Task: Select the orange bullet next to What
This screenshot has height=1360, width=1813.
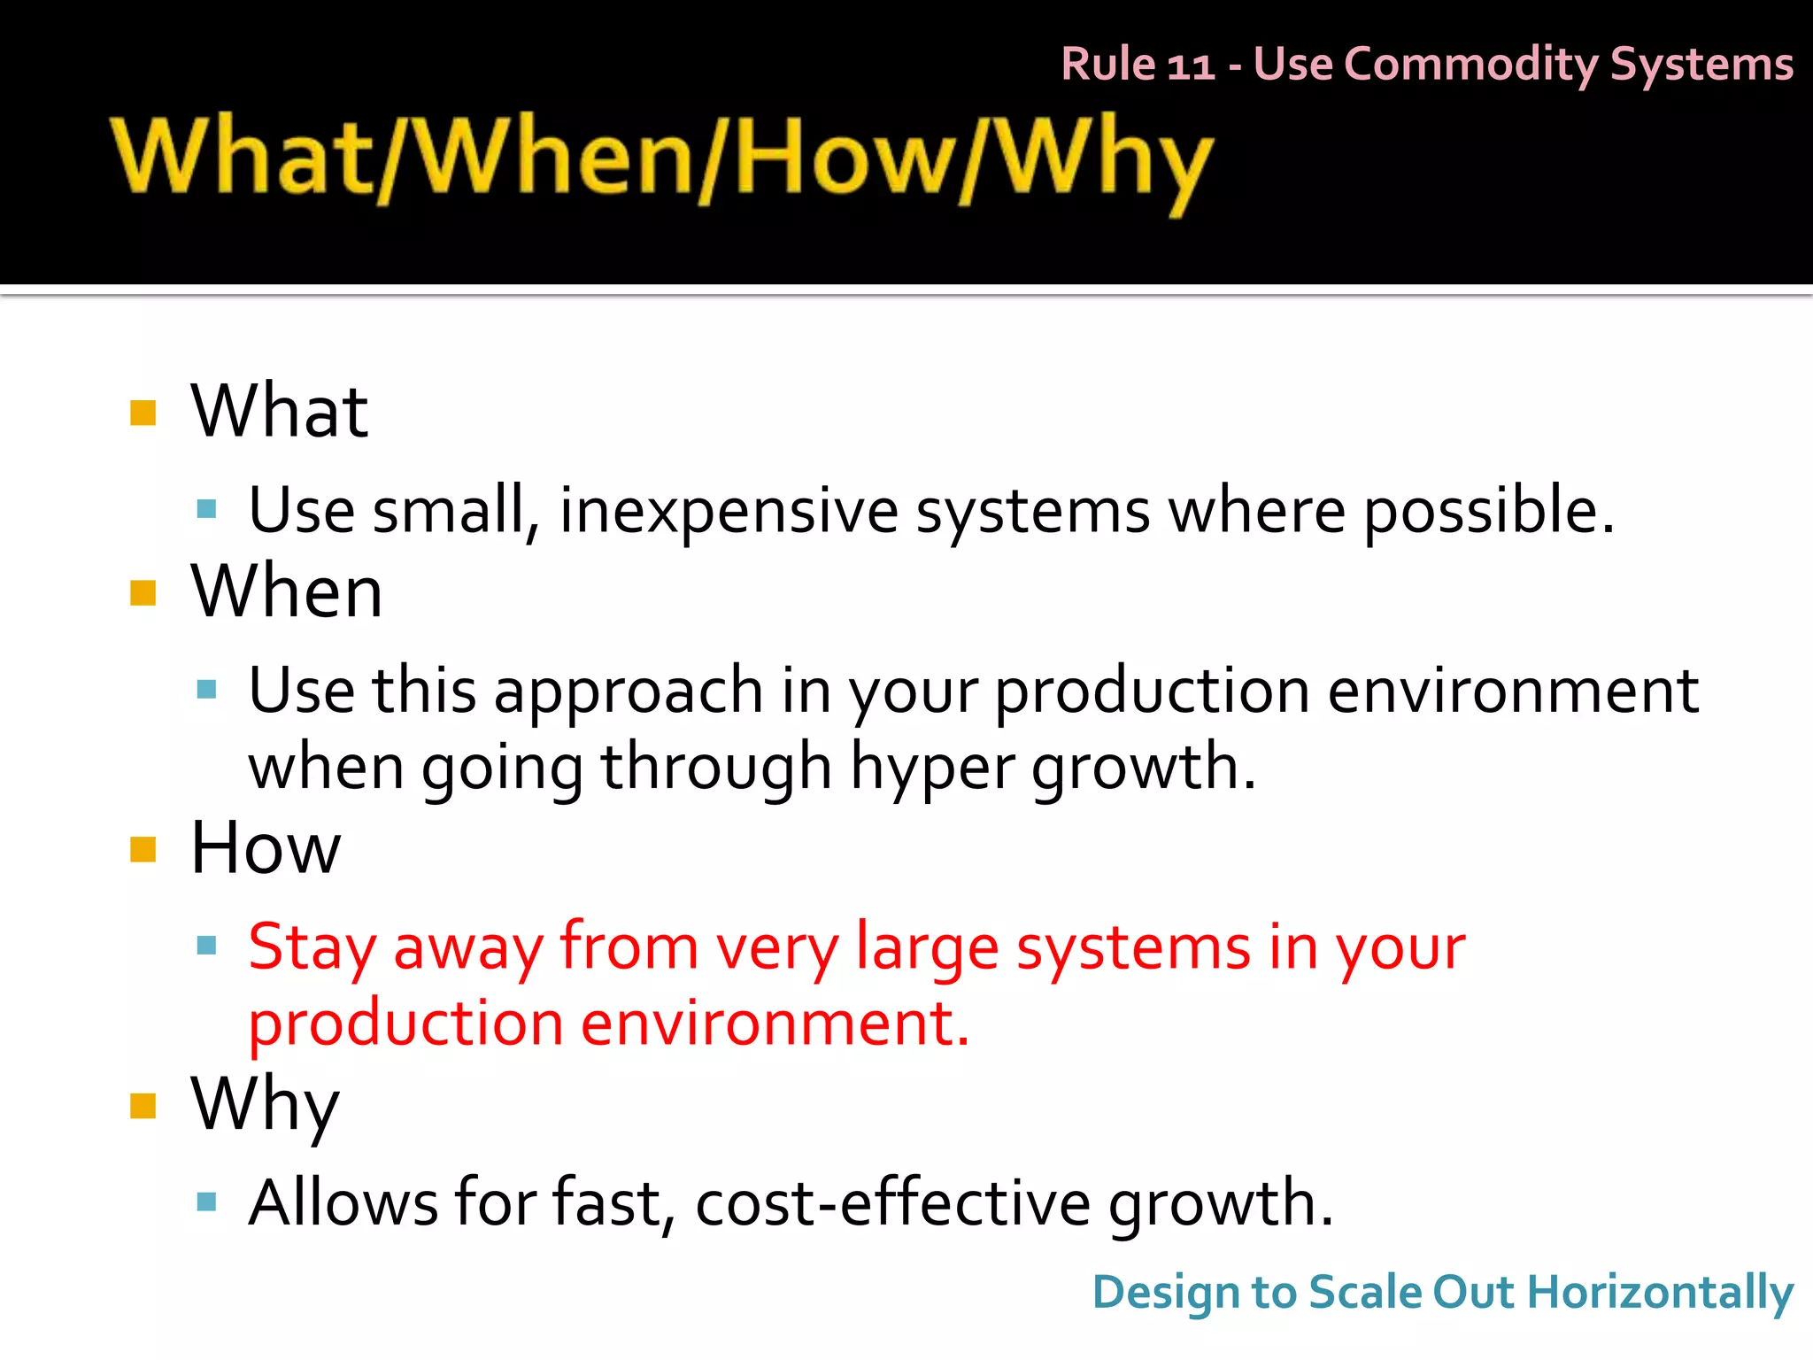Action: tap(143, 413)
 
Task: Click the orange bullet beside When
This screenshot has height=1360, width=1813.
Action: tap(143, 592)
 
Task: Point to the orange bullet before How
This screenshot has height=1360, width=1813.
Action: tap(143, 849)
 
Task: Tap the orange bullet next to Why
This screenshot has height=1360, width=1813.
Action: tap(143, 1106)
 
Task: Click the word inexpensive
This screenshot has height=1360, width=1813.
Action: tap(729, 511)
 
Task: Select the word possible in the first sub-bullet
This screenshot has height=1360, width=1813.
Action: tap(1488, 511)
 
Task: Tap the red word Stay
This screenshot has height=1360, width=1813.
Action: tap(312, 947)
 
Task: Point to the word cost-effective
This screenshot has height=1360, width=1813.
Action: tap(892, 1203)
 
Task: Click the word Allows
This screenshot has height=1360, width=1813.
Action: tap(343, 1203)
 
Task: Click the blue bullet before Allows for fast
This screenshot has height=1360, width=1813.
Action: tap(207, 1202)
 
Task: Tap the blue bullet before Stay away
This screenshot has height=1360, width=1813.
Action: tap(207, 946)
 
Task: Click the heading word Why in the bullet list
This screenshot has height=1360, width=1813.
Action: tap(265, 1106)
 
